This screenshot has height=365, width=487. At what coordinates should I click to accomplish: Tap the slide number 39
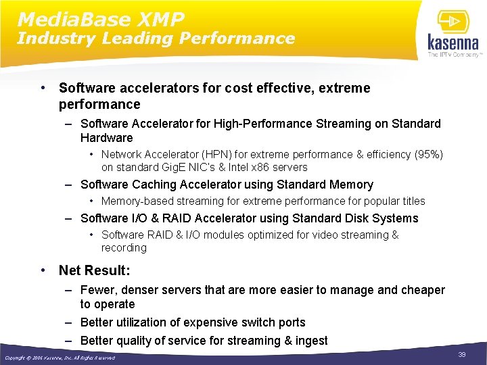(462, 355)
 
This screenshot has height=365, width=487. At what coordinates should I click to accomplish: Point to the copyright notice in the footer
(60, 358)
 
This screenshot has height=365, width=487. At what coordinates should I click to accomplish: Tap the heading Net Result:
(95, 270)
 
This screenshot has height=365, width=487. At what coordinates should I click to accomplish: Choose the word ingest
(311, 341)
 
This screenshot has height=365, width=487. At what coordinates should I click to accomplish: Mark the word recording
(124, 247)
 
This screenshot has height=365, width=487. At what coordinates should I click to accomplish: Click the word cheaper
(423, 290)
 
